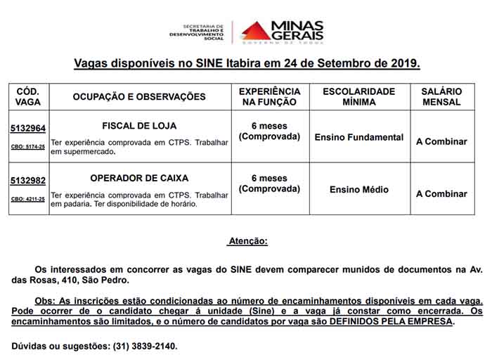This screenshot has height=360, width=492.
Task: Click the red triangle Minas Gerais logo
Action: click(x=255, y=30)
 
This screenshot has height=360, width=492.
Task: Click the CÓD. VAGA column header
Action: click(x=28, y=96)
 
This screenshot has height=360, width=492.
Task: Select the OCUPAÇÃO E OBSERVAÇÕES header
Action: click(x=139, y=97)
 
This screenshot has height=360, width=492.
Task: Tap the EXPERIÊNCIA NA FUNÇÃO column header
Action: click(x=269, y=96)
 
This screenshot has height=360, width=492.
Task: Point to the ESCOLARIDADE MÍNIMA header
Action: click(x=359, y=96)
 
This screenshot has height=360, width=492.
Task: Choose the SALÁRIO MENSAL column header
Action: click(x=441, y=96)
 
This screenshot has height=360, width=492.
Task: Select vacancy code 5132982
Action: click(x=28, y=181)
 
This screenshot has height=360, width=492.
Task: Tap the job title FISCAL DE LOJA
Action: click(x=139, y=126)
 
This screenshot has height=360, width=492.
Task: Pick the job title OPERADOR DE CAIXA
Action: click(x=139, y=178)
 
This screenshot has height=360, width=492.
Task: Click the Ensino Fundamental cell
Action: click(x=359, y=137)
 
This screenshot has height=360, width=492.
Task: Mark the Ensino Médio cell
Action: click(x=359, y=190)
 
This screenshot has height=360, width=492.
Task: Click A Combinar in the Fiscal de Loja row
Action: click(x=441, y=141)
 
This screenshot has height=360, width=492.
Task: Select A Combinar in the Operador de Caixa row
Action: click(x=441, y=193)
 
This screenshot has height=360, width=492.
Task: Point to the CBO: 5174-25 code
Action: click(x=28, y=147)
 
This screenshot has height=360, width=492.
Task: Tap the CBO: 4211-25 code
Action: click(x=28, y=199)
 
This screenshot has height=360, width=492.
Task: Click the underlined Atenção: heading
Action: click(x=247, y=241)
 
